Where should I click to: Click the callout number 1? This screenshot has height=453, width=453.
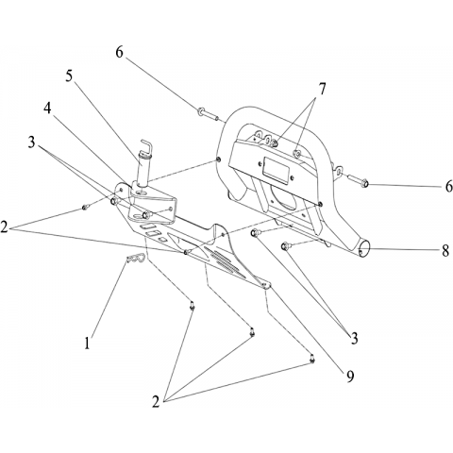pos(87,344)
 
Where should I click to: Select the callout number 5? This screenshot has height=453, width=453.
pos(69,76)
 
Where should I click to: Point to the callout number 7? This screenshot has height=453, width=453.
pos(321,90)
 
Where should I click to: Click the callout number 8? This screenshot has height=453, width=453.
pos(445,251)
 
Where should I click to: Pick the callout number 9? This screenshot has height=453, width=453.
pos(350,377)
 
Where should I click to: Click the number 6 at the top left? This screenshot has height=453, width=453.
pos(119,53)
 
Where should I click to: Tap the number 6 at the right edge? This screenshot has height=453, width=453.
pos(448,187)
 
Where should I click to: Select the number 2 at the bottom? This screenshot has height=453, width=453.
pos(156,402)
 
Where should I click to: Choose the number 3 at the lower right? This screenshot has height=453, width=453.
pos(355,339)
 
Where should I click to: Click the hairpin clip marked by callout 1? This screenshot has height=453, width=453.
pos(136,258)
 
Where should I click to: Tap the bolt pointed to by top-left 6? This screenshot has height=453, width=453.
pos(209,114)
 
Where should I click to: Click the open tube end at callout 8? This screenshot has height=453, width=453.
pos(364,248)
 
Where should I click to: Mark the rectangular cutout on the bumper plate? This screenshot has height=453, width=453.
pos(277,169)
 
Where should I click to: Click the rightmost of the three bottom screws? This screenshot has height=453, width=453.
pos(311,359)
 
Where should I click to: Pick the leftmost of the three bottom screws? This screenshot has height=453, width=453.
pos(192,305)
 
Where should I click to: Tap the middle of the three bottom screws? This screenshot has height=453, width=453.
pos(252,331)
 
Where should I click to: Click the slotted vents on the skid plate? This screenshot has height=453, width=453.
pos(225,261)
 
